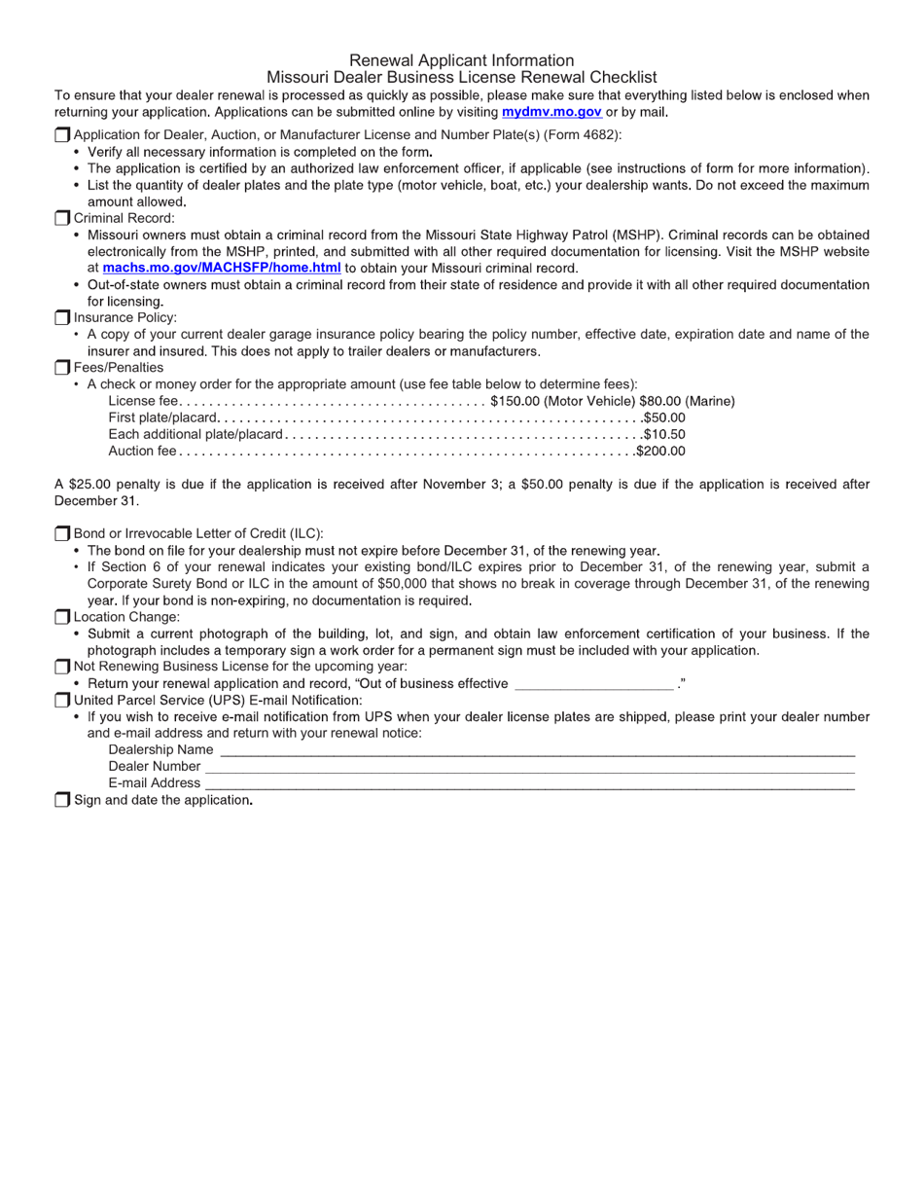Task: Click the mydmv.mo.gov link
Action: (x=551, y=112)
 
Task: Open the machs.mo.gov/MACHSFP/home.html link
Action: (x=221, y=268)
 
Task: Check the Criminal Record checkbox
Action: (x=62, y=218)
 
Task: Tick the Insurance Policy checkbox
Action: (x=62, y=317)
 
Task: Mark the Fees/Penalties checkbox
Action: (x=62, y=367)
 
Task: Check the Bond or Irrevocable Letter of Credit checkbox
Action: (x=62, y=533)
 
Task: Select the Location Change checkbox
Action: (x=62, y=616)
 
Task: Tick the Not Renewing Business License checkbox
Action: (x=62, y=667)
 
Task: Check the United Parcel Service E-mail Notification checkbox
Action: (x=62, y=700)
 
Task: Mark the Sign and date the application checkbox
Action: (x=62, y=800)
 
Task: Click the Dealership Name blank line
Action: (x=537, y=751)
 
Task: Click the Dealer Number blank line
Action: (x=529, y=768)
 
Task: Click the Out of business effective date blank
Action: (x=592, y=685)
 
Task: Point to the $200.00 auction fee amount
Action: (x=660, y=451)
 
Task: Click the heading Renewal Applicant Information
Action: (x=461, y=60)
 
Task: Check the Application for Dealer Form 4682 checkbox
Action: (x=62, y=134)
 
